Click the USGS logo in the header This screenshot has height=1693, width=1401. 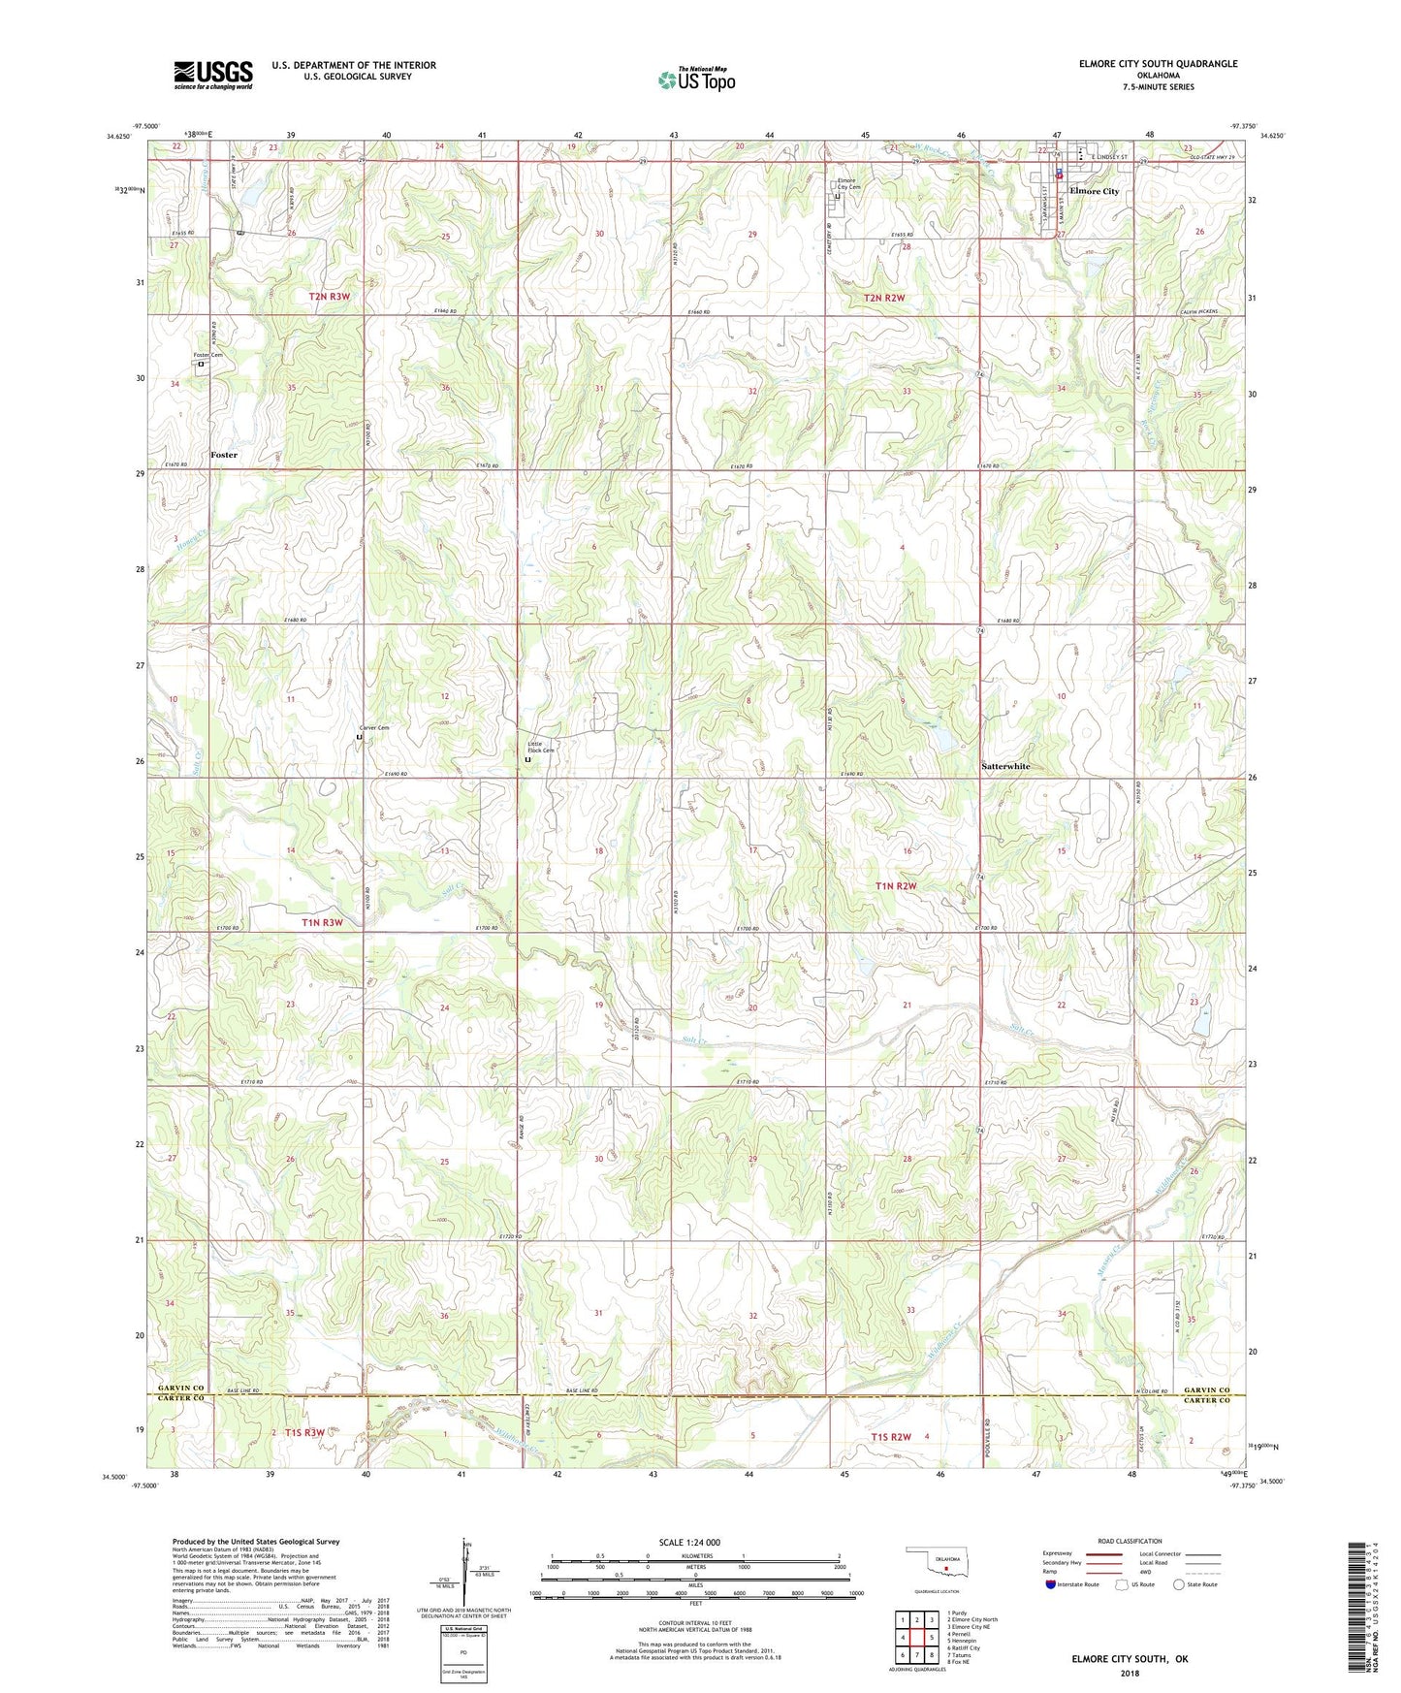tap(212, 75)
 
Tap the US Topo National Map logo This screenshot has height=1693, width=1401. tap(696, 79)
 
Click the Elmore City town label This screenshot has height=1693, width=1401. tap(1094, 191)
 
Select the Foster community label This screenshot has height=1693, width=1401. tap(224, 454)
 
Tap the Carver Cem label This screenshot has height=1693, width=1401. tap(373, 727)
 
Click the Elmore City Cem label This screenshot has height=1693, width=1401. tap(847, 183)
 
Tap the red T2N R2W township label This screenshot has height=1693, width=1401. tap(883, 298)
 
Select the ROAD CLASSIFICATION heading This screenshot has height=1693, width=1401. tap(1130, 1541)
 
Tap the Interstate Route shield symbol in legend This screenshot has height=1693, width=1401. tap(1052, 1584)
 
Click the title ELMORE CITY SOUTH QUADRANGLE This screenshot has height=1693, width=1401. tap(1158, 64)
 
